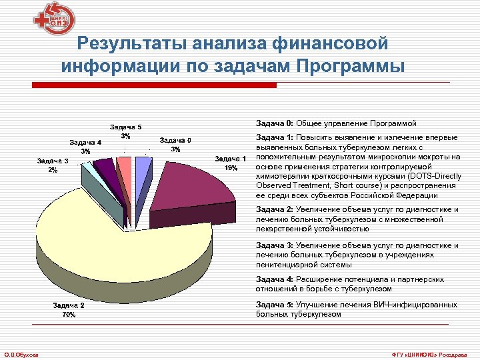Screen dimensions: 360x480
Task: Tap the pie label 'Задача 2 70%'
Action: (x=69, y=309)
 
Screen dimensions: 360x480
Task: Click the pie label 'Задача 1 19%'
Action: (x=231, y=163)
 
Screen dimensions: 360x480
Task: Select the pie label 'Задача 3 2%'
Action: (x=53, y=165)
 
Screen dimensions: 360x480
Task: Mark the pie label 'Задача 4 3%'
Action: (x=85, y=146)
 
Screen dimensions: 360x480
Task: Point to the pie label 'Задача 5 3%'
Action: (x=125, y=131)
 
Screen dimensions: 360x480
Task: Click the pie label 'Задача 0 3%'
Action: (x=175, y=144)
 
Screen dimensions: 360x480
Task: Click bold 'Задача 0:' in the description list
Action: (x=275, y=124)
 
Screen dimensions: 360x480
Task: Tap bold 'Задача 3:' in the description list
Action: (x=275, y=245)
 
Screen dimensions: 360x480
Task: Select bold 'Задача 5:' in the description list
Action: (x=275, y=305)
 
